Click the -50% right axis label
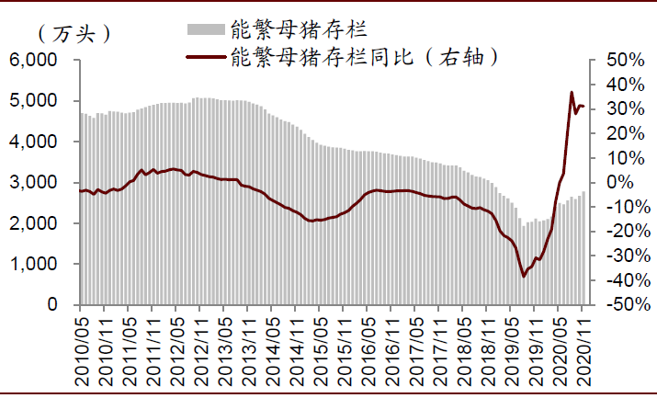[x=617, y=304]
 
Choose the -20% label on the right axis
[x=617, y=232]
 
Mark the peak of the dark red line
[x=572, y=92]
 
